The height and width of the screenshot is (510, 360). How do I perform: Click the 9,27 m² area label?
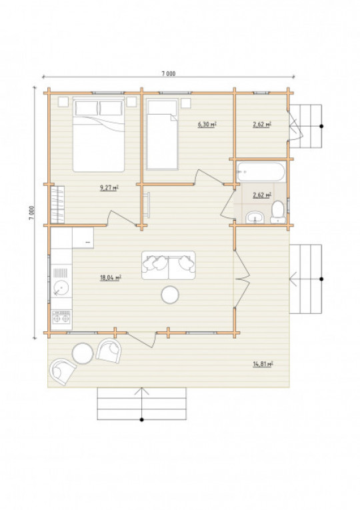pos(109,188)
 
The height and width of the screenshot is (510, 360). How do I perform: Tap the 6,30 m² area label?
pos(207,124)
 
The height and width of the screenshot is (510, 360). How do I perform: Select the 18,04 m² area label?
pos(111,278)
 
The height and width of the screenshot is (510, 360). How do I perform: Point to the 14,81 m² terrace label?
pos(263,364)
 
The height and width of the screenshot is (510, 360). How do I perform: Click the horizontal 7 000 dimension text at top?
pos(169,74)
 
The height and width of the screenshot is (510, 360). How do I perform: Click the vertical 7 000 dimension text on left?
pos(31,213)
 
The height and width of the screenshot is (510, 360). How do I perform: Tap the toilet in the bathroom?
pos(278,212)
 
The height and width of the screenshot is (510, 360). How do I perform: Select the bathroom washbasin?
pos(255,217)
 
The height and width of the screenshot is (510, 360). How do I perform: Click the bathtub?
pos(261,171)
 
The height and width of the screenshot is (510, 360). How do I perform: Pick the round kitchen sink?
pos(61,287)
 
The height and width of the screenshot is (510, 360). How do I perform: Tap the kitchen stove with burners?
pos(61,317)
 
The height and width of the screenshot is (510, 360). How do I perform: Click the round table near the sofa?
pos(170,295)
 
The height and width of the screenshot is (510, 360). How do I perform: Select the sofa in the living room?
pos(169,265)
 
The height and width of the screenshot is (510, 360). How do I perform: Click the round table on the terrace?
pos(83,353)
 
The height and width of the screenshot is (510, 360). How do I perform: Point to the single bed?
pos(162,134)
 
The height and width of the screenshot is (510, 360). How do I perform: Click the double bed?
pos(99,134)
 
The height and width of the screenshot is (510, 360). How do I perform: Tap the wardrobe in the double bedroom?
pos(57,205)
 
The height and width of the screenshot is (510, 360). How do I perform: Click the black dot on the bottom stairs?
pos(141,420)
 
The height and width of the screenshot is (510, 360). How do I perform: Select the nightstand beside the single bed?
pos(186,103)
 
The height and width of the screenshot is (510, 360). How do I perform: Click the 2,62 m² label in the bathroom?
pos(262,195)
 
